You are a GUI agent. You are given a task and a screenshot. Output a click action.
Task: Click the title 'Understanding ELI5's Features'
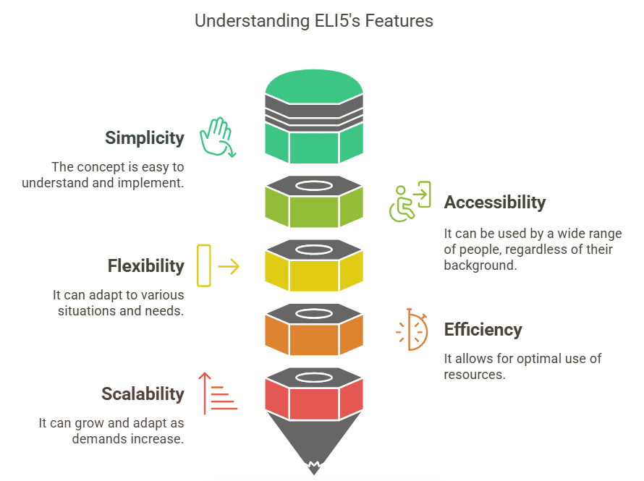[x=314, y=21]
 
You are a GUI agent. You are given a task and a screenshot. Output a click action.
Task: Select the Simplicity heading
[x=145, y=138]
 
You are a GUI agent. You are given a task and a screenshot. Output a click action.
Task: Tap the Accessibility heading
[x=495, y=203]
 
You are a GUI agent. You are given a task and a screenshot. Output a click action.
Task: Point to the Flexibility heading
[x=146, y=266]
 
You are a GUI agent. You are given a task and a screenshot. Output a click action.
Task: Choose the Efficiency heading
[x=483, y=330]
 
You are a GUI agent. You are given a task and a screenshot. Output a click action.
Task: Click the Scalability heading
[x=143, y=394]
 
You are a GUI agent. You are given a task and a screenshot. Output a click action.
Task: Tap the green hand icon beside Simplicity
[x=217, y=137]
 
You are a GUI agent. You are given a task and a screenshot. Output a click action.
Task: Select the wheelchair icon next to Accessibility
[x=410, y=202]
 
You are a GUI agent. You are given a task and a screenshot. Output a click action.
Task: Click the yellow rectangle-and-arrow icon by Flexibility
[x=217, y=266]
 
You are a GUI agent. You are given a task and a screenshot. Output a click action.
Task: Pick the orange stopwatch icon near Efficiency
[x=412, y=330]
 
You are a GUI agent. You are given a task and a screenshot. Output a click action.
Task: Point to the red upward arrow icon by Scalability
[x=218, y=394]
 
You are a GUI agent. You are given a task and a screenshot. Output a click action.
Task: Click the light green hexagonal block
[x=314, y=209]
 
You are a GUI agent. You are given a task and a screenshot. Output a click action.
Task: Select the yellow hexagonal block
[x=314, y=273]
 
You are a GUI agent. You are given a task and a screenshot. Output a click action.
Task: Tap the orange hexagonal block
[x=314, y=337]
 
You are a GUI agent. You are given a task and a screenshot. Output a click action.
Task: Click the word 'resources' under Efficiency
[x=474, y=374]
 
